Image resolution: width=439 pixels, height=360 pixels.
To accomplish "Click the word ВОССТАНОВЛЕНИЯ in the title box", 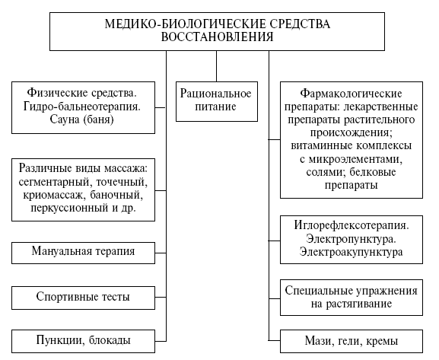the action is tap(217, 37).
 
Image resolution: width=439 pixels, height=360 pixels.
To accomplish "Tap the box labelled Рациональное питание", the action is tap(217, 101).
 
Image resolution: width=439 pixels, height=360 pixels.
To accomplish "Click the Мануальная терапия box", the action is tap(83, 253).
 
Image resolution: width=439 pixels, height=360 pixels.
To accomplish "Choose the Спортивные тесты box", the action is tap(83, 298).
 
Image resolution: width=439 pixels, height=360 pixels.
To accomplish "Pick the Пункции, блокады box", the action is tap(83, 341).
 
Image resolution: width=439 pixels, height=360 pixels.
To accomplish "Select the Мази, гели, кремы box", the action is tap(352, 341).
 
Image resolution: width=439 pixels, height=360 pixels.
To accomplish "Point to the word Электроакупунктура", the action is tap(351, 252).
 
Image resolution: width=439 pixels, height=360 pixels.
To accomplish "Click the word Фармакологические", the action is tap(351, 94).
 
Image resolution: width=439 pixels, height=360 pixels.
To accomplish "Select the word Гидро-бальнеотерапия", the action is tap(82, 107).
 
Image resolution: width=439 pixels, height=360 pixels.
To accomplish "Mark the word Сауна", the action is tap(65, 119).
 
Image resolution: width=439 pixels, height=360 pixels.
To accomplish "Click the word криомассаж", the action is tap(54, 195).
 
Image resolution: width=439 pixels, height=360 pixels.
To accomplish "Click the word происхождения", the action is tap(351, 132).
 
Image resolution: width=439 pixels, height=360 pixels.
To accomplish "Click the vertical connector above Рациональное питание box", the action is tap(216, 66).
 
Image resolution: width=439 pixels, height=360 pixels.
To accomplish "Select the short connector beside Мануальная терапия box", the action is tap(161, 253).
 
